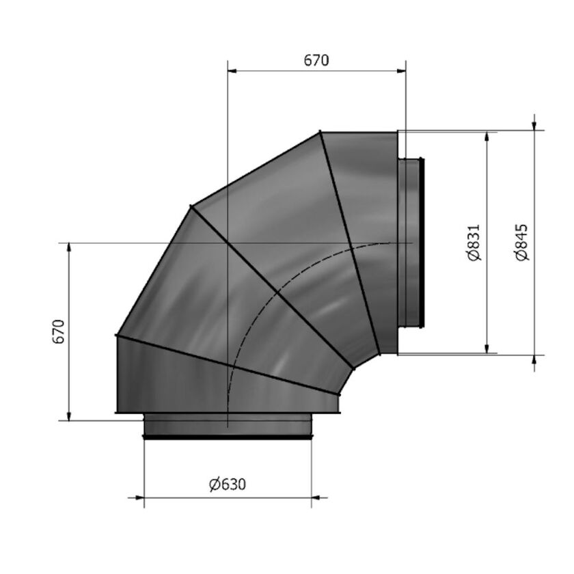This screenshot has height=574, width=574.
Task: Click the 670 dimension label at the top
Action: pyautogui.click(x=316, y=60)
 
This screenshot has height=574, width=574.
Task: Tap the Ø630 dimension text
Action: pyautogui.click(x=228, y=484)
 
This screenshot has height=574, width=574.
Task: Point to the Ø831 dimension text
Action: pyautogui.click(x=476, y=243)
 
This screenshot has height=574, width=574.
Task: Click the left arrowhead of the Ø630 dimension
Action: pyautogui.click(x=148, y=498)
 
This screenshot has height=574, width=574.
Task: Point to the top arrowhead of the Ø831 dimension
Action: pyautogui.click(x=488, y=136)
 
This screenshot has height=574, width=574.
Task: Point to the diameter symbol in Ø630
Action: pyautogui.click(x=215, y=484)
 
